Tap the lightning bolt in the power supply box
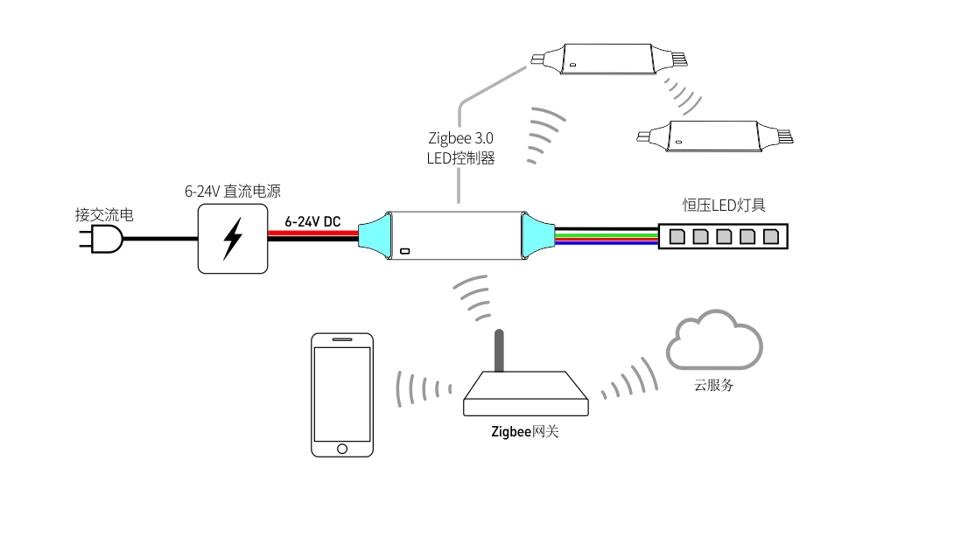(x=233, y=239)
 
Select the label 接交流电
(x=104, y=215)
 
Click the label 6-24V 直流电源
(x=232, y=192)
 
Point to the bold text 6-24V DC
(x=312, y=222)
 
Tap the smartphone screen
(x=342, y=393)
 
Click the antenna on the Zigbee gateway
(x=499, y=350)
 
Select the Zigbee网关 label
(x=524, y=431)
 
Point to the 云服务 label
(x=714, y=385)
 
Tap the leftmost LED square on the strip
(x=678, y=236)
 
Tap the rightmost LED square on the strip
(x=770, y=236)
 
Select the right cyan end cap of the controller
(x=537, y=236)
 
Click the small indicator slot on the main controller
(x=405, y=252)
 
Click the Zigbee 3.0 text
(x=460, y=138)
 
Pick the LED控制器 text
(x=460, y=158)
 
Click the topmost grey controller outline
(x=607, y=59)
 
